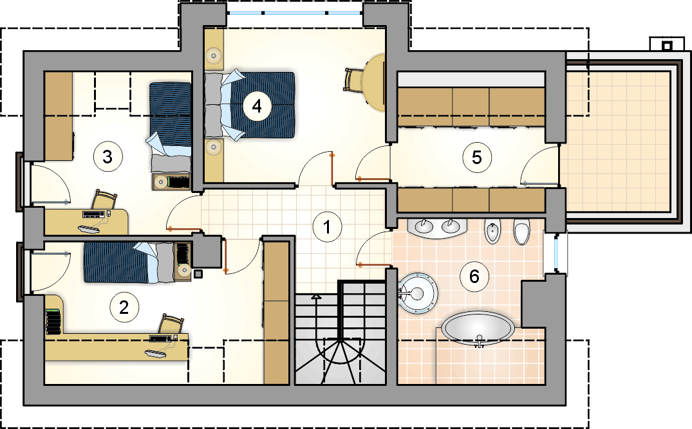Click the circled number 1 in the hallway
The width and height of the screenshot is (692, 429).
tap(326, 227)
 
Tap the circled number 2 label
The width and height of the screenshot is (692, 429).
tap(124, 307)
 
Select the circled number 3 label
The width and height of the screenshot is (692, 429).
tap(108, 156)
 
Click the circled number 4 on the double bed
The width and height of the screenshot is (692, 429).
tap(257, 106)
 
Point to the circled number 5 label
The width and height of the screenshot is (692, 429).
tap(476, 158)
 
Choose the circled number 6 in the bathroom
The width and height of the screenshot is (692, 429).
tap(474, 277)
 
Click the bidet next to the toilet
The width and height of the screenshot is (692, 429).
tap(492, 231)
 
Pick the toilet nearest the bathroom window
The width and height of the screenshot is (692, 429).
tap(521, 232)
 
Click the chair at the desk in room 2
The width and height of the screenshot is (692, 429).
tap(171, 325)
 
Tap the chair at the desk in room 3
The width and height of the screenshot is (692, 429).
tap(104, 200)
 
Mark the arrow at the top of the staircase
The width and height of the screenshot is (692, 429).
tap(316, 297)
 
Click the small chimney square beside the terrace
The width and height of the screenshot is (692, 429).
tap(667, 45)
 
